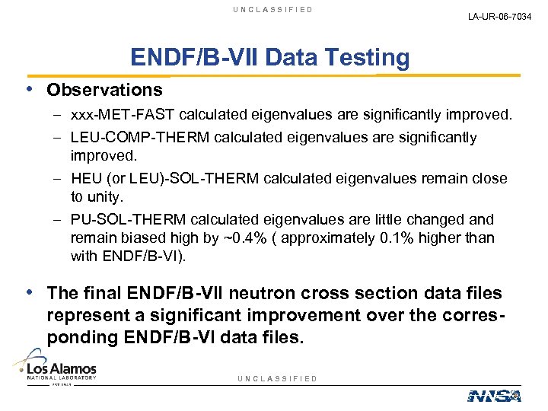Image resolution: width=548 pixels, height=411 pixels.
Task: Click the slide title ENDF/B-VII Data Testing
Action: click(x=269, y=57)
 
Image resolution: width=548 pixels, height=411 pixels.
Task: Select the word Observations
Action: click(x=104, y=90)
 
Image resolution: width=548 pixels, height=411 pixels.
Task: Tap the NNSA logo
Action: click(x=493, y=395)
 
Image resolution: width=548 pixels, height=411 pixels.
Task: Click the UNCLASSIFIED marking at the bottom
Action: click(x=277, y=378)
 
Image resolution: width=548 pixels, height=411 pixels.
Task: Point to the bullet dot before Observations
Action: click(x=30, y=89)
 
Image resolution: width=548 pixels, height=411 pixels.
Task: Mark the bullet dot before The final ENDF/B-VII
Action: click(x=30, y=292)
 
